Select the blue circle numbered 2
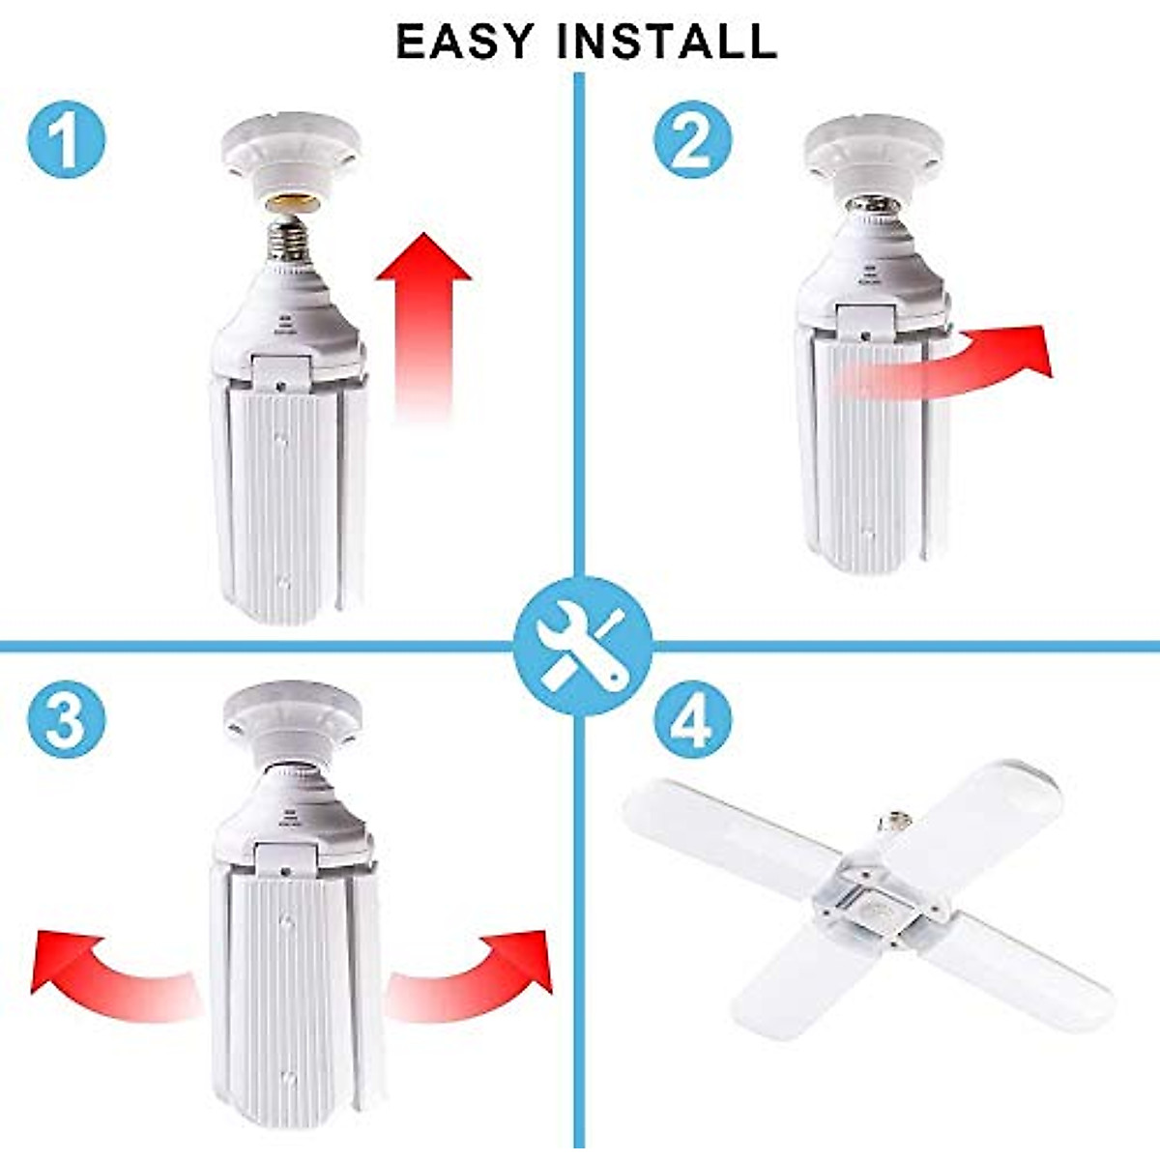tap(692, 139)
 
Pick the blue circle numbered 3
tap(65, 719)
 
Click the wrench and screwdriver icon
tap(581, 646)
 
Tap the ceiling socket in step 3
tap(293, 720)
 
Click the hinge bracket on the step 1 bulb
tap(280, 372)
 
